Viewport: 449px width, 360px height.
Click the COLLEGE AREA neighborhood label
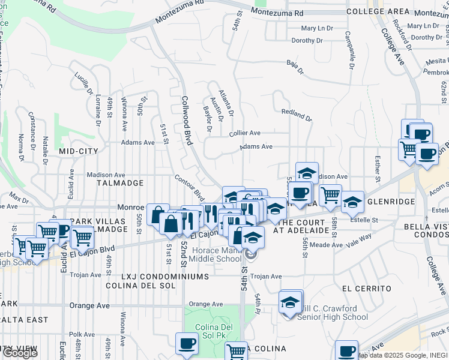(x=378, y=11)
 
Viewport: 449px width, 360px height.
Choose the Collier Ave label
(x=244, y=133)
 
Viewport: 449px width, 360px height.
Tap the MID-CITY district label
(x=79, y=152)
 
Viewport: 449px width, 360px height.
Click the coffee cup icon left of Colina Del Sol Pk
(x=186, y=344)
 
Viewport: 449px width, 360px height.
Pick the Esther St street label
(x=378, y=168)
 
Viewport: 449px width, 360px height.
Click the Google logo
(x=20, y=353)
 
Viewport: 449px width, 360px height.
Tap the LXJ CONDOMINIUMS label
(x=165, y=277)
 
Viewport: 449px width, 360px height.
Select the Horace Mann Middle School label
(x=214, y=254)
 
